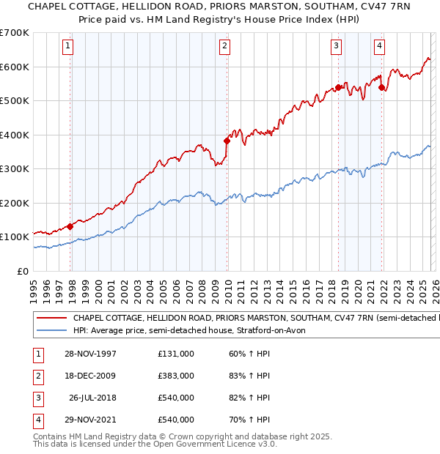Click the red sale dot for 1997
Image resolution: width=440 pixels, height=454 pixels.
click(70, 226)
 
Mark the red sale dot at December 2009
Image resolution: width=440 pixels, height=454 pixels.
click(227, 141)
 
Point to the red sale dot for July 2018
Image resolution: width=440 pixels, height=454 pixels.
click(338, 87)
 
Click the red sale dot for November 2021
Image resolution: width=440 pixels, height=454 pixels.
click(382, 87)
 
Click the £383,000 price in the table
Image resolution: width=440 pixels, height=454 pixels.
click(175, 376)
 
